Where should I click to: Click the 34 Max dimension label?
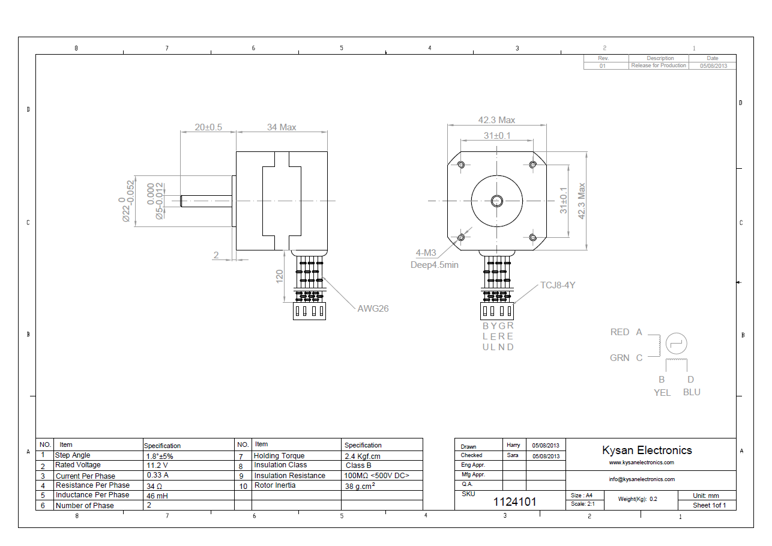click(282, 127)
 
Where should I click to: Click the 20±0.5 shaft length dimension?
click(208, 127)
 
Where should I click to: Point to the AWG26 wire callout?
click(373, 309)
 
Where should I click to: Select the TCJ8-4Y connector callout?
click(558, 285)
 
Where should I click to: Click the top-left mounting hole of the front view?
click(461, 165)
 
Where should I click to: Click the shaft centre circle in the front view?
click(496, 200)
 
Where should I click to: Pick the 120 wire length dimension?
click(280, 277)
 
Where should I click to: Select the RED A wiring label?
click(626, 332)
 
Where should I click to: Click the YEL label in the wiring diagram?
click(662, 392)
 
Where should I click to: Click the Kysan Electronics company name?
click(647, 450)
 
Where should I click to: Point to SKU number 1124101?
click(514, 502)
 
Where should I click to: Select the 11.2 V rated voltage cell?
click(157, 465)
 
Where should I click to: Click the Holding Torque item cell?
click(279, 456)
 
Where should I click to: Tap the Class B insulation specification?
click(358, 465)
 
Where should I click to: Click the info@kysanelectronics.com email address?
click(642, 479)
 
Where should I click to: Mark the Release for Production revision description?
click(659, 65)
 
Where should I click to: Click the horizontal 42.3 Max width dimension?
click(496, 120)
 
